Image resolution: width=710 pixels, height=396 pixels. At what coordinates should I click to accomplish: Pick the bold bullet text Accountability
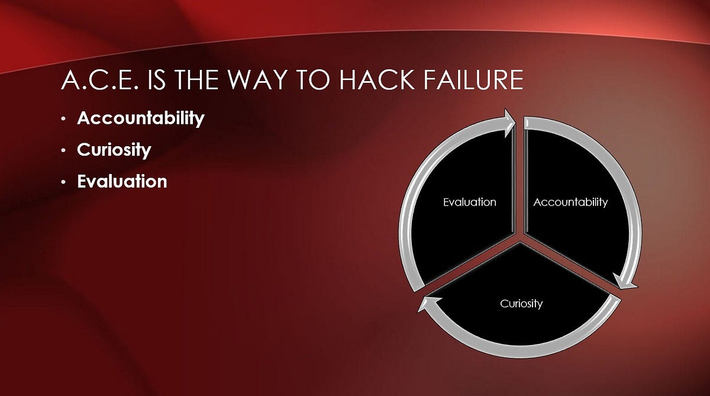click(141, 118)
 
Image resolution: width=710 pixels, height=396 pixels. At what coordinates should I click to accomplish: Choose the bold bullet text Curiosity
click(114, 150)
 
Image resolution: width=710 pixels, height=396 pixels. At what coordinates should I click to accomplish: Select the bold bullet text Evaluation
click(122, 181)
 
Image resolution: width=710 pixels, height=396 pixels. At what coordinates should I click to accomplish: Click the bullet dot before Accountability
click(64, 119)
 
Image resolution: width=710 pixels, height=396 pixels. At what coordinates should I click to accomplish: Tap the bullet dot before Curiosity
click(64, 150)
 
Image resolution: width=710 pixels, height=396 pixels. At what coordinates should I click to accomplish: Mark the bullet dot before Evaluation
click(64, 182)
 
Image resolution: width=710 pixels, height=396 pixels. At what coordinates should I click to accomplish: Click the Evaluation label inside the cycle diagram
click(470, 202)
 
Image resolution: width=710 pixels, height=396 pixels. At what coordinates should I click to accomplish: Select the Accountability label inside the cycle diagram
click(570, 202)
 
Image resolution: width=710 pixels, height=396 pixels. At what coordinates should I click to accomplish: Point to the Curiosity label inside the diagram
click(521, 304)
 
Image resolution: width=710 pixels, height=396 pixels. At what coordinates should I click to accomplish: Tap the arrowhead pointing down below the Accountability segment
click(625, 282)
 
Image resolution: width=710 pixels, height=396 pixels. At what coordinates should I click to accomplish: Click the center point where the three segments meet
click(520, 239)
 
